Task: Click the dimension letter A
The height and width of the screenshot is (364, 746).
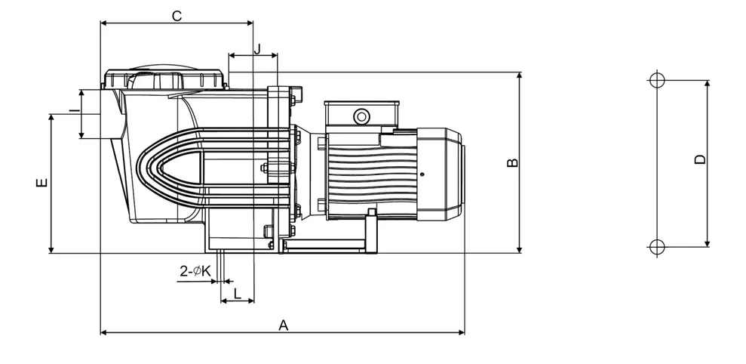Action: pyautogui.click(x=284, y=325)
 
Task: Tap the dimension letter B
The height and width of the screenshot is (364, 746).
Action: pyautogui.click(x=512, y=162)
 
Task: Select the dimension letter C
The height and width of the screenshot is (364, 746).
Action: pyautogui.click(x=177, y=16)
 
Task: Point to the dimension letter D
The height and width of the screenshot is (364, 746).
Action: pyautogui.click(x=700, y=159)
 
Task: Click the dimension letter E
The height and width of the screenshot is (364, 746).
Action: pyautogui.click(x=42, y=183)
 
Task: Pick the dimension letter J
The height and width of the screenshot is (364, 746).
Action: pyautogui.click(x=257, y=48)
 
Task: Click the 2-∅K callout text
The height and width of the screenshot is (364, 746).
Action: pyautogui.click(x=195, y=271)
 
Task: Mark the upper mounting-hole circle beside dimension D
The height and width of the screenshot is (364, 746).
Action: pyautogui.click(x=656, y=81)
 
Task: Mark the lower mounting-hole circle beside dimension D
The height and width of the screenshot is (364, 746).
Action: pyautogui.click(x=656, y=247)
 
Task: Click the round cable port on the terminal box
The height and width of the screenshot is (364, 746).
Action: pyautogui.click(x=361, y=116)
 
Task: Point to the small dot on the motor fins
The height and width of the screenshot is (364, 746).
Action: pyautogui.click(x=422, y=174)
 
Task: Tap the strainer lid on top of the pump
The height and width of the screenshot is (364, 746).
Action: pyautogui.click(x=164, y=79)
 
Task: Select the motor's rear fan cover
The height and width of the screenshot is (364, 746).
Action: pyautogui.click(x=440, y=174)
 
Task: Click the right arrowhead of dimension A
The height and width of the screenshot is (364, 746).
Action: pyautogui.click(x=462, y=332)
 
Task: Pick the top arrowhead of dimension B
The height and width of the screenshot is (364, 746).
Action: pyautogui.click(x=519, y=76)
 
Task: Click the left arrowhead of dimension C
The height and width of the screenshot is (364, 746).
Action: pyautogui.click(x=104, y=23)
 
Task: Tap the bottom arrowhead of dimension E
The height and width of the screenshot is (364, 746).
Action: pyautogui.click(x=51, y=250)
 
